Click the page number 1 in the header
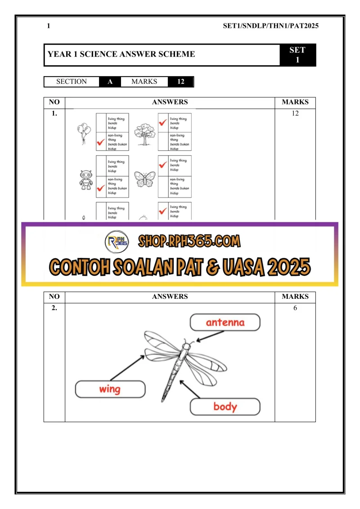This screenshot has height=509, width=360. click(x=48, y=26)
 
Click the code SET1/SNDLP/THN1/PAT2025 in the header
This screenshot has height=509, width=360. click(x=270, y=26)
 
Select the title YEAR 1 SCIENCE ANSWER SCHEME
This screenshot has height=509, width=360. click(x=121, y=54)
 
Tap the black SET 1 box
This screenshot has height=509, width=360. click(x=297, y=55)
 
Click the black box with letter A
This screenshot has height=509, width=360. click(x=110, y=82)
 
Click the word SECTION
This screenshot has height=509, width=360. click(x=72, y=82)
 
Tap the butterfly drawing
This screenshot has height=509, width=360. click(x=144, y=180)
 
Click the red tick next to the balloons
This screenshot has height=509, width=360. click(x=101, y=144)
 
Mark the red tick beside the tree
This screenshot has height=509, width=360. click(x=163, y=122)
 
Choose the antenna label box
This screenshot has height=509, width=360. click(x=225, y=322)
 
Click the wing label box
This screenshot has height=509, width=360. click(x=110, y=389)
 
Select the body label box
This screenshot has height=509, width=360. click(x=225, y=407)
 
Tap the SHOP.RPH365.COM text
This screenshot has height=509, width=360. click(x=189, y=242)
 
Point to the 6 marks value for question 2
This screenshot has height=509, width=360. click(x=295, y=308)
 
